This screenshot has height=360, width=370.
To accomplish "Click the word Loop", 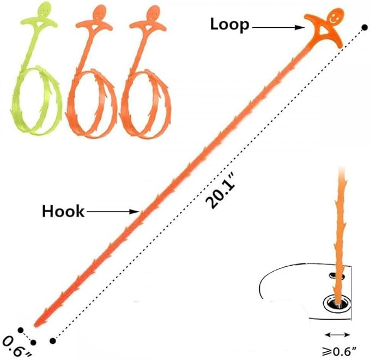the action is [229, 25].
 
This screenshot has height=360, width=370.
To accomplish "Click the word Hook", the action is [63, 211].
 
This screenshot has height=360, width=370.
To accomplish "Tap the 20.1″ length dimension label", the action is [220, 190].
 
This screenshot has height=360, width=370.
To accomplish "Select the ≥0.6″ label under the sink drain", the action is [339, 352].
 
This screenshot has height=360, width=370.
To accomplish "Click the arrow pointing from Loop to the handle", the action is [278, 28].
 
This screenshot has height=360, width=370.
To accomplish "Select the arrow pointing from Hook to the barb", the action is [113, 212].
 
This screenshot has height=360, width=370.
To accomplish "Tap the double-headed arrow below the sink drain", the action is [337, 334].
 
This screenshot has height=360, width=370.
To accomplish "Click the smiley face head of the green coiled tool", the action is [44, 9].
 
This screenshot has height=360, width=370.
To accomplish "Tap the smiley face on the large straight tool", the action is [335, 16].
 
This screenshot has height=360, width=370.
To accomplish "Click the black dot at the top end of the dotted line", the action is [365, 27].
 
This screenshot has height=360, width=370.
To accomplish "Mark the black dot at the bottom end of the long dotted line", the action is [53, 340].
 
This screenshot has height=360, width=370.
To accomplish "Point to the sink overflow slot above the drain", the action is [337, 275].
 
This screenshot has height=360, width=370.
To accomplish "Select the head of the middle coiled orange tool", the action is [100, 13].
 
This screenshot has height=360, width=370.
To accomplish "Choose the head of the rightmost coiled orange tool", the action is [153, 13].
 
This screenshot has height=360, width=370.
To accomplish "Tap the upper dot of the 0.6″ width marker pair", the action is [21, 330].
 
